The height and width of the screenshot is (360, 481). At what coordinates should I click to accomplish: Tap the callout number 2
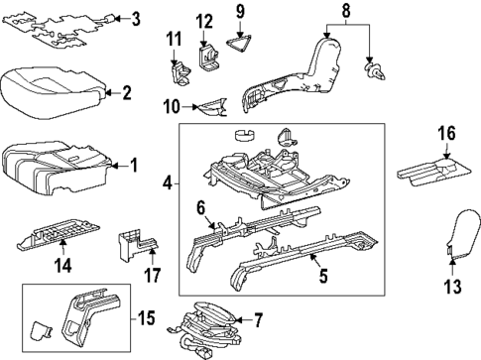tap(126, 93)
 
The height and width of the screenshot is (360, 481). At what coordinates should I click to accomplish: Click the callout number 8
tap(345, 11)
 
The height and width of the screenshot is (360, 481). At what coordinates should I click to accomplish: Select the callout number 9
tap(239, 13)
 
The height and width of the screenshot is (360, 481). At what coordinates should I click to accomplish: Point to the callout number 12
tap(204, 21)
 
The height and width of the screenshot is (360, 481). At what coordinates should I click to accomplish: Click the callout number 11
tap(174, 40)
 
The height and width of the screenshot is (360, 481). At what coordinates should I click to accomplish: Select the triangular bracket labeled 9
tap(239, 42)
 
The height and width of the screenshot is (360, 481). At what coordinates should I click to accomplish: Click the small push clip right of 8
tap(375, 71)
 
